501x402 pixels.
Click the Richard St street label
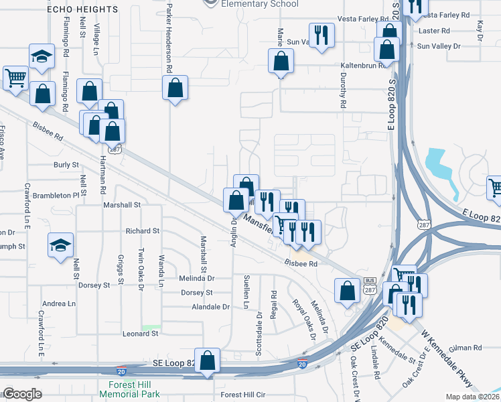tap(142, 230)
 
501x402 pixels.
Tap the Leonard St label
tap(139, 333)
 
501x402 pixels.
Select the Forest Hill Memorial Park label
tap(133, 389)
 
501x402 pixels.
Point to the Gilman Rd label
tap(467, 348)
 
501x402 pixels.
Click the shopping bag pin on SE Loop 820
tap(208, 360)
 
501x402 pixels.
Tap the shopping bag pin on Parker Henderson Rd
tap(175, 88)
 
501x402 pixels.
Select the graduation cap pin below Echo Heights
tap(41, 56)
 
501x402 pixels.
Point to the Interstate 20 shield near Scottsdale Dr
tap(303, 364)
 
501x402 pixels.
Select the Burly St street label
tap(66, 164)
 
